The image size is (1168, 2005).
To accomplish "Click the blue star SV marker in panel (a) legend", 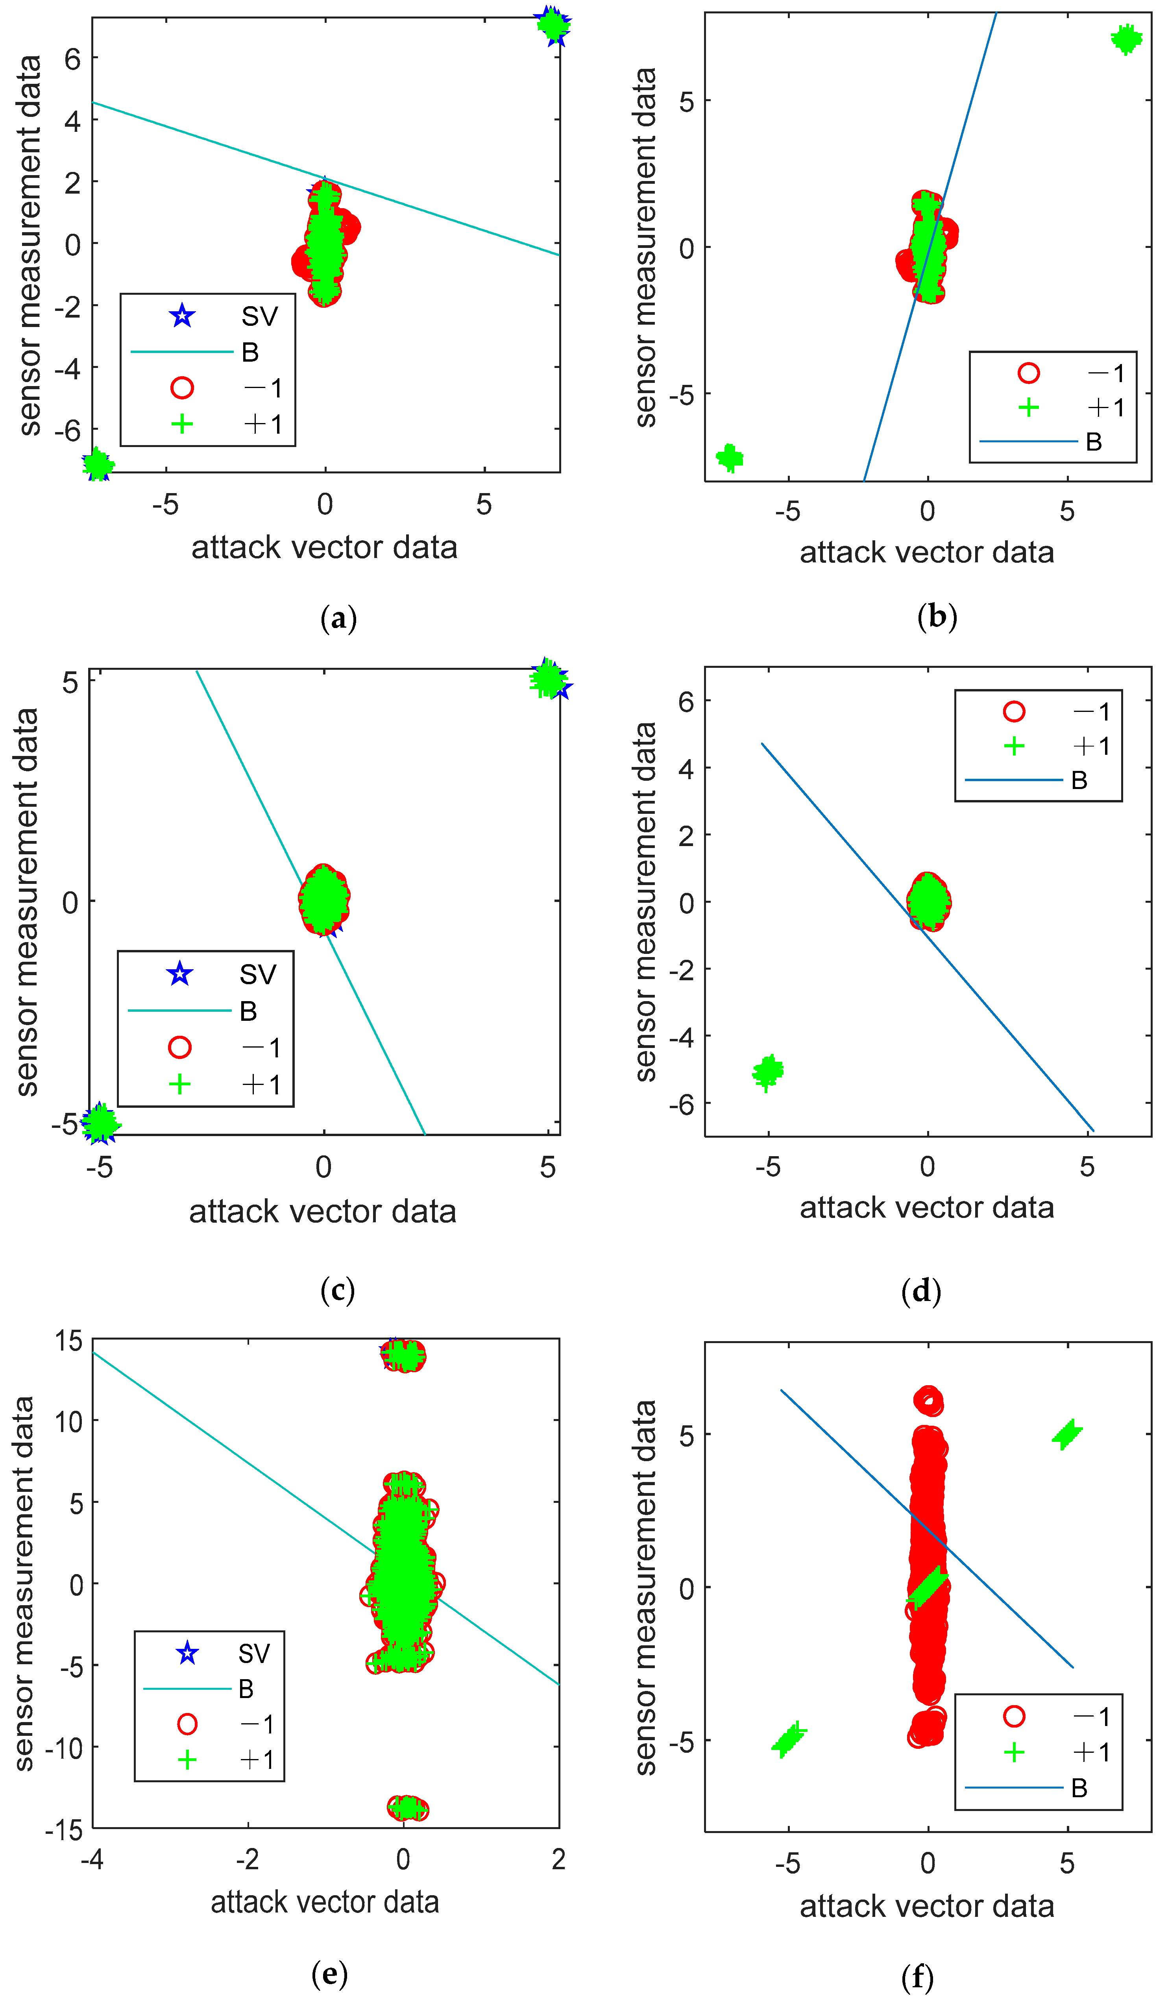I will pos(182,316).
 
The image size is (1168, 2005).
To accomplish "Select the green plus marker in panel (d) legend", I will pos(1014,745).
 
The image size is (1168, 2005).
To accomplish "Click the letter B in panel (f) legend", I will pos(1079,1788).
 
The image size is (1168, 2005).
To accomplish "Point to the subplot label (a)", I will pos(338,618).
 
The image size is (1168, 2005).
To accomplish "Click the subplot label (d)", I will pos(920,1290).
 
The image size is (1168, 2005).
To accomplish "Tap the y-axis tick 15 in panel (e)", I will pos(68,1342).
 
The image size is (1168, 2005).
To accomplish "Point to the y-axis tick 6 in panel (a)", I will pos(72,58).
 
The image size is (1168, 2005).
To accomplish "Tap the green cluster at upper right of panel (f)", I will pos(1067,1434).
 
